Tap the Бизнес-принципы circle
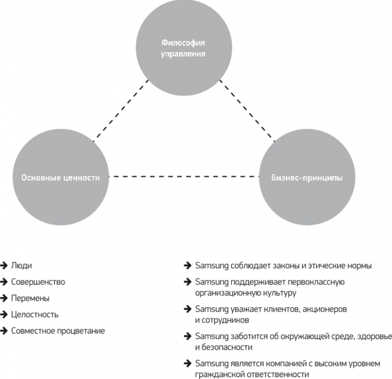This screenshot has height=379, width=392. pos(307,177)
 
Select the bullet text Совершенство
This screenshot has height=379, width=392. pos(38,282)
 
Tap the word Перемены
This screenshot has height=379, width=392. pos(30,298)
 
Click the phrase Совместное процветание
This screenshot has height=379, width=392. pos(58,331)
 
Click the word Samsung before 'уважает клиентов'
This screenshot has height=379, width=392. pos(209,310)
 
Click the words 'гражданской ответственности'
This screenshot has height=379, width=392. pos(253,375)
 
